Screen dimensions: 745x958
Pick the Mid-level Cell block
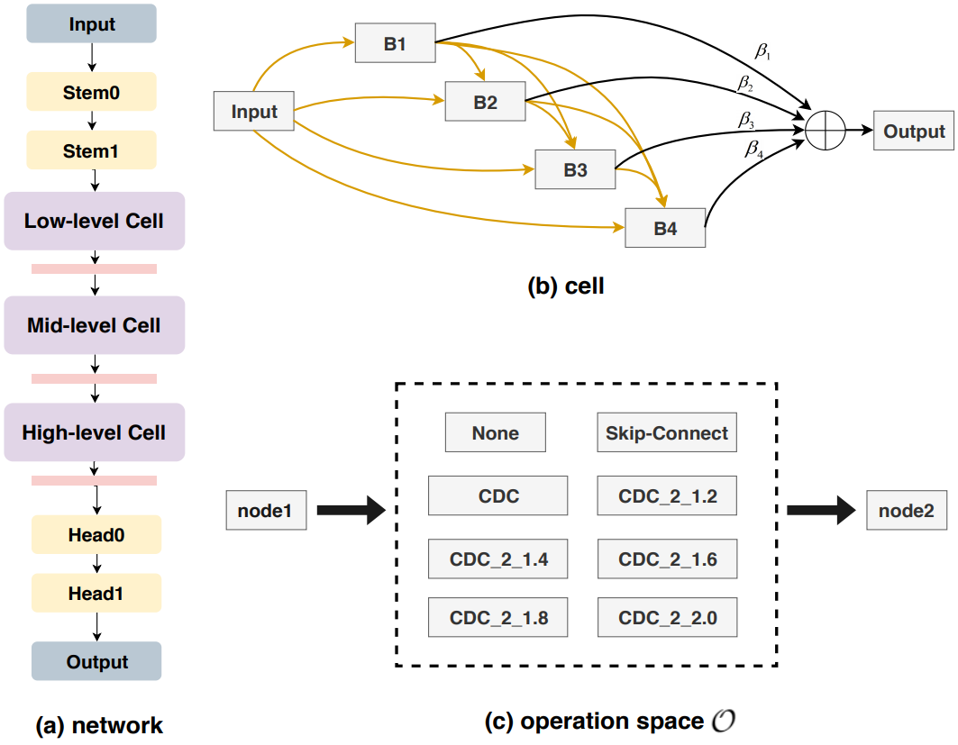coord(94,325)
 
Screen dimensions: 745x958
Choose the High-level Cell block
coord(94,432)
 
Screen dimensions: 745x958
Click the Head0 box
coord(96,535)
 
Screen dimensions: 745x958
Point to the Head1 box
coord(96,594)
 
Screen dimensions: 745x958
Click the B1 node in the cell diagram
coord(395,44)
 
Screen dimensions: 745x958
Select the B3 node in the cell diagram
coord(575,169)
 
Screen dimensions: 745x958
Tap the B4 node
coord(665,229)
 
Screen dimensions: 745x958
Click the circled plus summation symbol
coord(825,132)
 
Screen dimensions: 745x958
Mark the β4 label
coord(753,150)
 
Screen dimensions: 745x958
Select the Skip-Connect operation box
coord(667,433)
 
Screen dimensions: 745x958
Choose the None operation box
coord(495,433)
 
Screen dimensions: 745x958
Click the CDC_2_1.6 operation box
coord(667,559)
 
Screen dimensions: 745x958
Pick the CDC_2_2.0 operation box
coord(667,619)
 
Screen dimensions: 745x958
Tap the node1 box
coord(266,512)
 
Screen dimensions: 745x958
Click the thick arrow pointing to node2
coord(820,512)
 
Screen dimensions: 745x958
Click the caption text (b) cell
coord(565,286)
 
